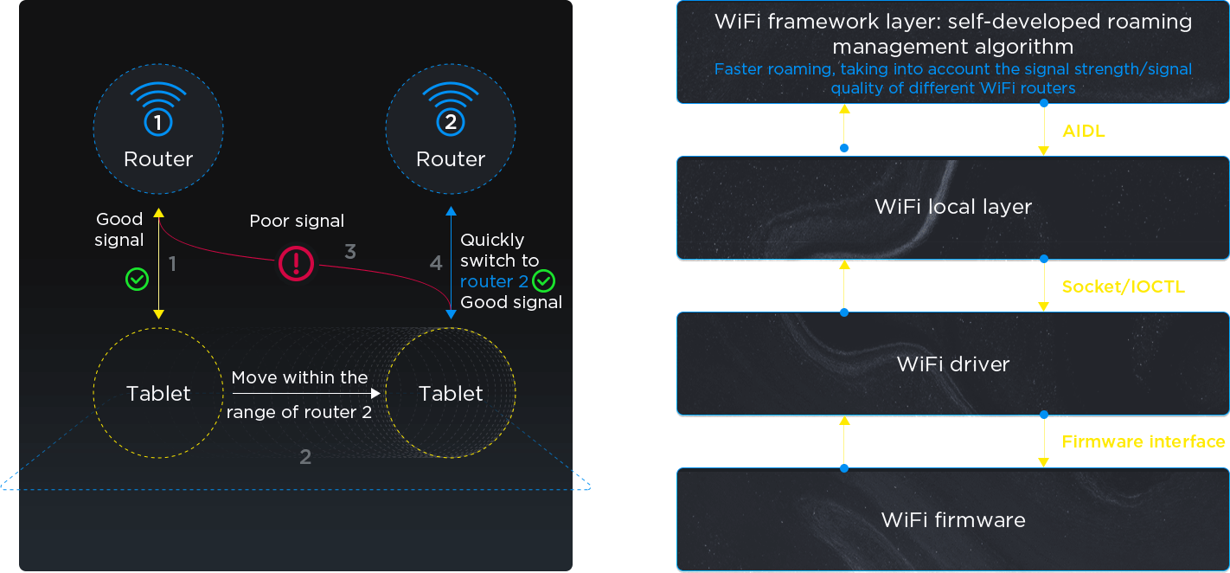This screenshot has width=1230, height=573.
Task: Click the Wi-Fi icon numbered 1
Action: [157, 107]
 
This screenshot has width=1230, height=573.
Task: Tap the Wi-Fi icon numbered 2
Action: [450, 107]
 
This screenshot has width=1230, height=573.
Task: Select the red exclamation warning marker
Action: [296, 261]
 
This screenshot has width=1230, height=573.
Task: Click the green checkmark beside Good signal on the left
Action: [137, 279]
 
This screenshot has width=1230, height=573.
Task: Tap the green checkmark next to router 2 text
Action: [543, 280]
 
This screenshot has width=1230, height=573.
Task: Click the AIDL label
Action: [1084, 132]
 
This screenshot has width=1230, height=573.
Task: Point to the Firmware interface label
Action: [1144, 441]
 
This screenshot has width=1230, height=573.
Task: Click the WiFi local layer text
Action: [953, 207]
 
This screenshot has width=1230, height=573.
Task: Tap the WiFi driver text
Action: [953, 364]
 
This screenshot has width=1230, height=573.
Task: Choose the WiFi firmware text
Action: [953, 519]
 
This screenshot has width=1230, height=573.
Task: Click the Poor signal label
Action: [297, 221]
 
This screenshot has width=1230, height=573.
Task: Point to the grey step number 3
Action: [349, 252]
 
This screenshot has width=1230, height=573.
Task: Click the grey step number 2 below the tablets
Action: [304, 456]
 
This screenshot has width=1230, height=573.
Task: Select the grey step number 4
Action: [436, 262]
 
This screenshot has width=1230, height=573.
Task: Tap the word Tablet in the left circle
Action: [158, 394]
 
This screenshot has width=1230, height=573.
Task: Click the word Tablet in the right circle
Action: [451, 394]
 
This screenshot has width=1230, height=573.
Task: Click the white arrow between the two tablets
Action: [306, 394]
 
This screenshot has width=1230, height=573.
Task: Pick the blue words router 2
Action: [494, 281]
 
